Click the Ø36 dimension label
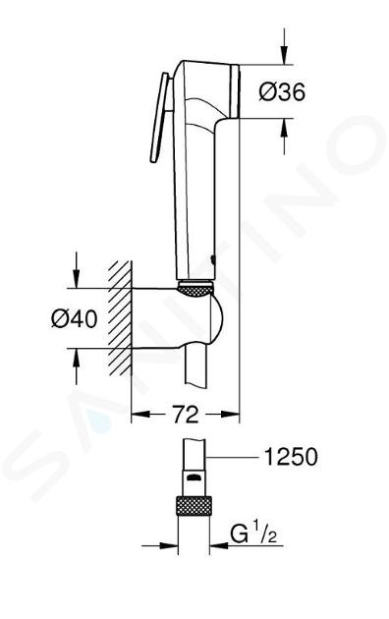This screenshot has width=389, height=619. [x=282, y=92]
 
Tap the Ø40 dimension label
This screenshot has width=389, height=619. [x=75, y=318]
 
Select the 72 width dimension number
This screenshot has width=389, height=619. [x=186, y=414]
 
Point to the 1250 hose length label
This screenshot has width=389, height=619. [x=291, y=457]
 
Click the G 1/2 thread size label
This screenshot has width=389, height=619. [x=253, y=535]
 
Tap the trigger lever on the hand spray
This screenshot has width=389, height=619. [x=159, y=117]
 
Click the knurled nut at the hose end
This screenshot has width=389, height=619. [x=194, y=505]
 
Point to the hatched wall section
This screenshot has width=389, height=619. [x=120, y=317]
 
